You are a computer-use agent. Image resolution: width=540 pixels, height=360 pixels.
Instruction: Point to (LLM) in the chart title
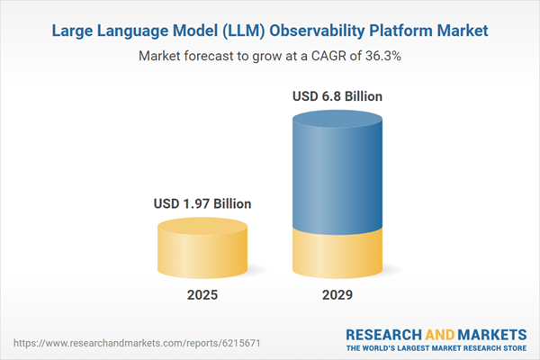coord(234,31)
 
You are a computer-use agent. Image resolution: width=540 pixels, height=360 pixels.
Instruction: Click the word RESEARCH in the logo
coord(382,334)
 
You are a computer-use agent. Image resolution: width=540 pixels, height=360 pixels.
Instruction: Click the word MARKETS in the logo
coord(493,334)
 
